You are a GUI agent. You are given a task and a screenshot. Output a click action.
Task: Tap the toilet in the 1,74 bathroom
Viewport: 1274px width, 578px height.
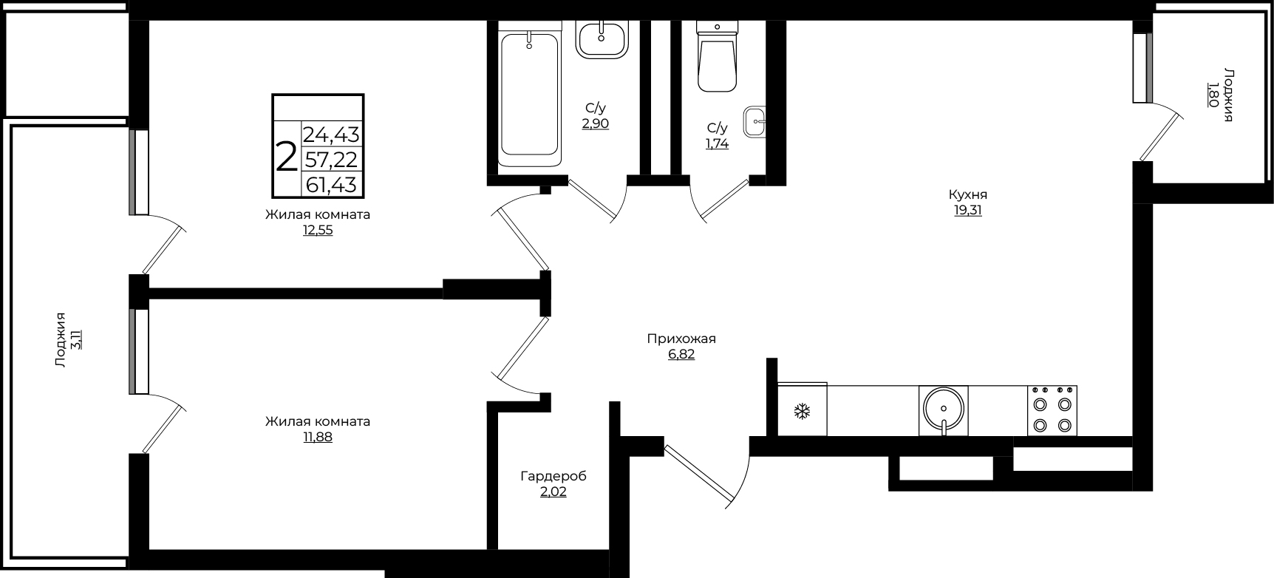[718, 56]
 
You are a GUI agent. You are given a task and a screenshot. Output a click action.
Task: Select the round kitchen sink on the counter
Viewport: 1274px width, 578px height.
[944, 411]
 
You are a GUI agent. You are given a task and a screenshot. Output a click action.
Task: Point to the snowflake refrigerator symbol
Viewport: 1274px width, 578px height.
[802, 411]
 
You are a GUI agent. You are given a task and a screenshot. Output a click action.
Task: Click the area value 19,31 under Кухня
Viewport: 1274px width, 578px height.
[968, 210]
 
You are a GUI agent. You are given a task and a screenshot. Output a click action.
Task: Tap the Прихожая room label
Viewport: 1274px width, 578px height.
[681, 339]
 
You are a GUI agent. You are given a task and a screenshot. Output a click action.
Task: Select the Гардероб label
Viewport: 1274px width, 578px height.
[553, 476]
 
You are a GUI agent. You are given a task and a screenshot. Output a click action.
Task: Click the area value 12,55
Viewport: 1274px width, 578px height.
[318, 230]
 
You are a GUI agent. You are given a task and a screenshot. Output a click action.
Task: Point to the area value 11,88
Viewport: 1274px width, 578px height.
[318, 437]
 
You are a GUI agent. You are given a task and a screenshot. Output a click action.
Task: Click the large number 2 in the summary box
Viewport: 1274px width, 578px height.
[286, 157]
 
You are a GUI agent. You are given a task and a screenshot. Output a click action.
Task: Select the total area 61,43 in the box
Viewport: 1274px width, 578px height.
[332, 184]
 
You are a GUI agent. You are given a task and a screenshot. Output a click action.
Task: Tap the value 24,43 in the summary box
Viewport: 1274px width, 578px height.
[332, 135]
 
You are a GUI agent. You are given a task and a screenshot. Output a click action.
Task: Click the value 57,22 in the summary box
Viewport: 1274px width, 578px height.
[332, 159]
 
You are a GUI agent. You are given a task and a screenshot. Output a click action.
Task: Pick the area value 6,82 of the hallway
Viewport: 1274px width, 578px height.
[681, 355]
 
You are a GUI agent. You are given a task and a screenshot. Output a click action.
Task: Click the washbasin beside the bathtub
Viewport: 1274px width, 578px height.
[602, 38]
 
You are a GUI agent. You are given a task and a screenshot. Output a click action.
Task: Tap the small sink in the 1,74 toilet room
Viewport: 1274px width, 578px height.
[755, 121]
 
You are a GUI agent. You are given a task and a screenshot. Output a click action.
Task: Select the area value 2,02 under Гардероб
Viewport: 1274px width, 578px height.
[553, 492]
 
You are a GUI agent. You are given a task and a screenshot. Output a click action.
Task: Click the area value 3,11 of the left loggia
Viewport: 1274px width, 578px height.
[76, 339]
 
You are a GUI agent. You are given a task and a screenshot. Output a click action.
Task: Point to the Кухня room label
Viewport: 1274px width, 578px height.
[968, 194]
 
